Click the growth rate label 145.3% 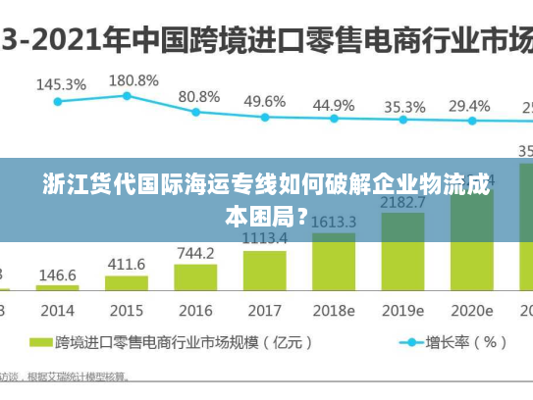(61, 84)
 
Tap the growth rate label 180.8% (133, 79)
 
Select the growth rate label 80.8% (199, 96)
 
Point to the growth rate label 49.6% (265, 101)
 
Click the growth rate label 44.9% (334, 104)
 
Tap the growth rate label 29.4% (469, 106)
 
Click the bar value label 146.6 (57, 275)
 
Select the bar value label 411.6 (126, 265)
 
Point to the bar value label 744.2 (195, 253)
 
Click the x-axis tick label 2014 (57, 310)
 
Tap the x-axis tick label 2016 (195, 310)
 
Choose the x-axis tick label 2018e (334, 310)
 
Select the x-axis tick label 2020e (471, 310)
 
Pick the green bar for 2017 (265, 271)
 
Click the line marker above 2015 (127, 96)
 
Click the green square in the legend (40, 343)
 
